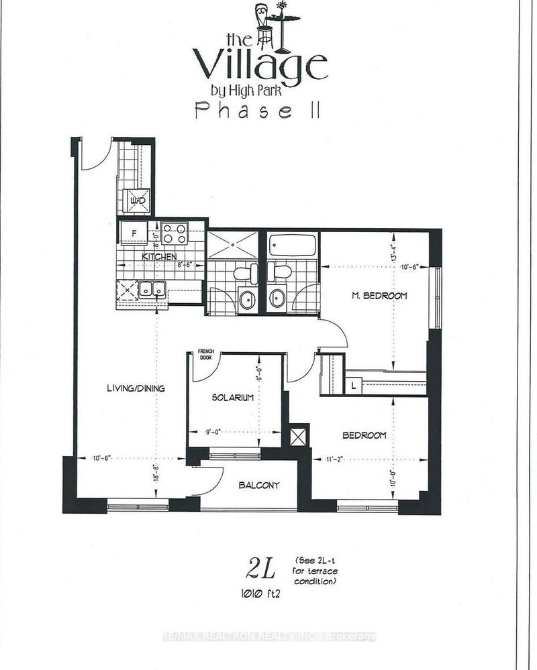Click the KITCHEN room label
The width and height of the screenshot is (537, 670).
click(x=159, y=257)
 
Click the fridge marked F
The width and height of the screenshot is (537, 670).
click(x=133, y=233)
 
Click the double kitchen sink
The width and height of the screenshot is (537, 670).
click(x=152, y=290)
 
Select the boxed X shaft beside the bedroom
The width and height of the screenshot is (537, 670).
click(x=299, y=435)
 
